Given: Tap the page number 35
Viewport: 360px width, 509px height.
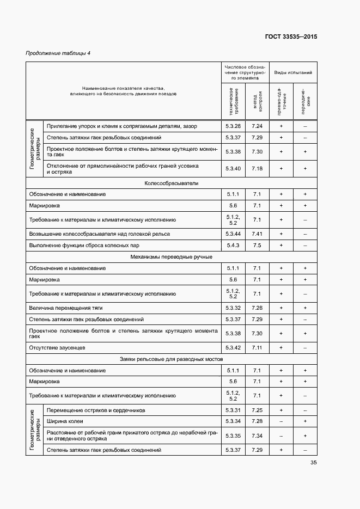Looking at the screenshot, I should point(314,463).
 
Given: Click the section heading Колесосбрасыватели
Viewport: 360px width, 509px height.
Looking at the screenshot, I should point(171,183).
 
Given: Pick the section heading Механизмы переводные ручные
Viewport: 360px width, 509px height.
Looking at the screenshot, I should point(171,256).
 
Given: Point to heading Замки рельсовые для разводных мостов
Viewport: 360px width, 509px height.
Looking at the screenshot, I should point(171,359).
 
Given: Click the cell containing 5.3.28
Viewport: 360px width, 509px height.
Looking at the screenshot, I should point(233,126).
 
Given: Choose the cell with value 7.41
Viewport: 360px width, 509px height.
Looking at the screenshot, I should point(257,234).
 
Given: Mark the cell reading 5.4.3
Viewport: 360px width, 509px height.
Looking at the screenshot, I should point(233,245).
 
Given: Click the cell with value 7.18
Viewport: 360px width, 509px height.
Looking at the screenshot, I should point(257,169).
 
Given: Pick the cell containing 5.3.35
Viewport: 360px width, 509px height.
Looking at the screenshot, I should point(233,436).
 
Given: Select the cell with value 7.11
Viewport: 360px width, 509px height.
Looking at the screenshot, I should point(257,347).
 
